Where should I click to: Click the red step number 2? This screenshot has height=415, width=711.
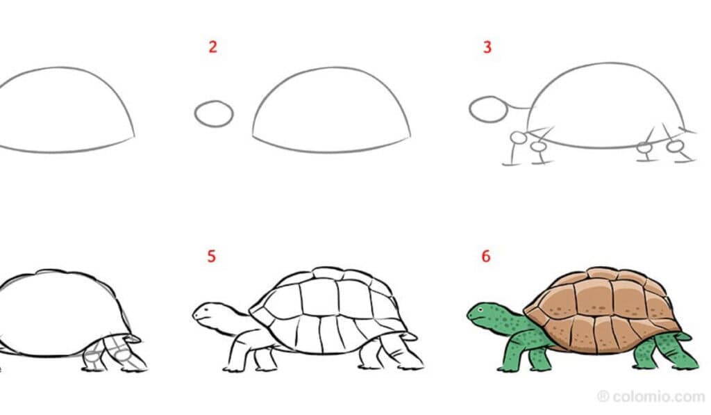pos(213,47)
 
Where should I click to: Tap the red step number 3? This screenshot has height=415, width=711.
pos(487,47)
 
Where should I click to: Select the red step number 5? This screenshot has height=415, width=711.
pos(212,256)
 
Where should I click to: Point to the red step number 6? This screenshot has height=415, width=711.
pos(486,256)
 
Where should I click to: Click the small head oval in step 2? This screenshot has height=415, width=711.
pos(214,114)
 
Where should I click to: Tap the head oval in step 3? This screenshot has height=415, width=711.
pos(488,109)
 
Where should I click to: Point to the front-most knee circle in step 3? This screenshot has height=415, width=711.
pos(517,137)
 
